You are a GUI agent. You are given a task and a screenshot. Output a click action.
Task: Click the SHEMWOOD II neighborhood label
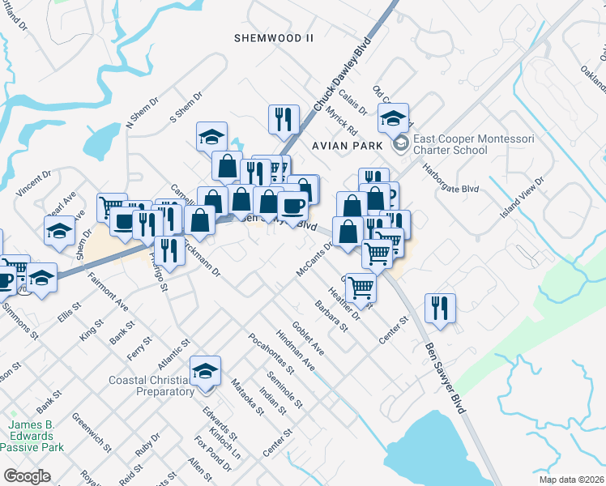click(x=273, y=38)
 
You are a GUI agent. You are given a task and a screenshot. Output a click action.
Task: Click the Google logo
click(x=27, y=476)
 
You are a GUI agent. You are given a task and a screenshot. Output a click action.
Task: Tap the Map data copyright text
click(x=572, y=480)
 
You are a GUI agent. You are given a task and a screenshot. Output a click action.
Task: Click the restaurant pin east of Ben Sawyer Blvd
click(x=440, y=308)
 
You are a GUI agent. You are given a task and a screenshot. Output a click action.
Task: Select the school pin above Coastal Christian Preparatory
click(x=206, y=371)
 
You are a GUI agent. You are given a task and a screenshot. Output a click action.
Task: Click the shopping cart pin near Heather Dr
click(x=360, y=286)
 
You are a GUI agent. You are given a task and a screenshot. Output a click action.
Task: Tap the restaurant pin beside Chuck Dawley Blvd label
click(x=284, y=119)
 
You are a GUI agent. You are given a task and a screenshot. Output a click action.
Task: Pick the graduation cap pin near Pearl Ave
click(x=58, y=231)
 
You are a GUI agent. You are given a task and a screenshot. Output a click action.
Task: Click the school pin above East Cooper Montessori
click(x=394, y=118)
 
